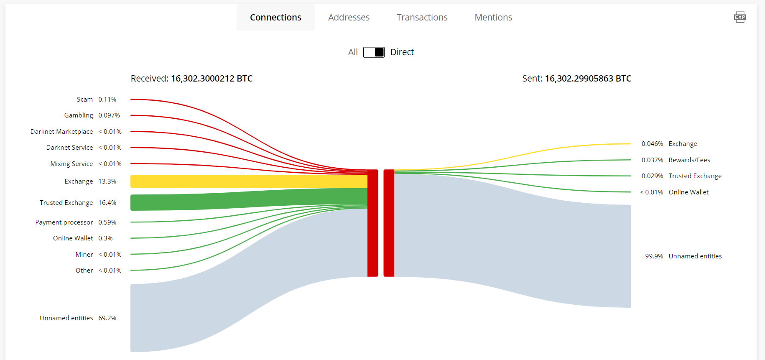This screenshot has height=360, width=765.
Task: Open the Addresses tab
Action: pyautogui.click(x=349, y=17)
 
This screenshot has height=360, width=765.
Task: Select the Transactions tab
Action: pyautogui.click(x=422, y=17)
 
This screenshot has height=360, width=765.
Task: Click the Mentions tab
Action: pyautogui.click(x=493, y=17)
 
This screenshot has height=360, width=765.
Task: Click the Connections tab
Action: pyautogui.click(x=275, y=17)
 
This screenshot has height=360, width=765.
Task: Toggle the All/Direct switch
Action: pyautogui.click(x=374, y=52)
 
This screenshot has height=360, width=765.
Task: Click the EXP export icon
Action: pyautogui.click(x=740, y=17)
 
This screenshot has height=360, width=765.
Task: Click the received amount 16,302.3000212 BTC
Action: pyautogui.click(x=212, y=79)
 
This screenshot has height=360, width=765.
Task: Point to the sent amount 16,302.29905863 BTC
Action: pyautogui.click(x=588, y=79)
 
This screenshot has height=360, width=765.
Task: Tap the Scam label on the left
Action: pyautogui.click(x=85, y=100)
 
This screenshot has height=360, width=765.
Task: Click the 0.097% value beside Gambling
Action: pyautogui.click(x=109, y=115)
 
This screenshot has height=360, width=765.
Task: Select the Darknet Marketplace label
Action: pyautogui.click(x=62, y=132)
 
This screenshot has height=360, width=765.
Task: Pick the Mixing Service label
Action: pyautogui.click(x=71, y=164)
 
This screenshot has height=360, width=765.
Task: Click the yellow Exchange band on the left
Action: pyautogui.click(x=249, y=181)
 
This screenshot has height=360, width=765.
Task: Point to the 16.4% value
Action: pyautogui.click(x=107, y=203)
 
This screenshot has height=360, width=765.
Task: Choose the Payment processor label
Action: pyautogui.click(x=64, y=222)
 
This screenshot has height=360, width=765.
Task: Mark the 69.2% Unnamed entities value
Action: pyautogui.click(x=107, y=318)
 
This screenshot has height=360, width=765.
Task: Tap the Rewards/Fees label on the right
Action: pyautogui.click(x=689, y=160)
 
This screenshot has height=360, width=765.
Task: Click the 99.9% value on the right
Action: pyautogui.click(x=654, y=256)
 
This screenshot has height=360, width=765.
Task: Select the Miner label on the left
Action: pyautogui.click(x=84, y=255)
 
